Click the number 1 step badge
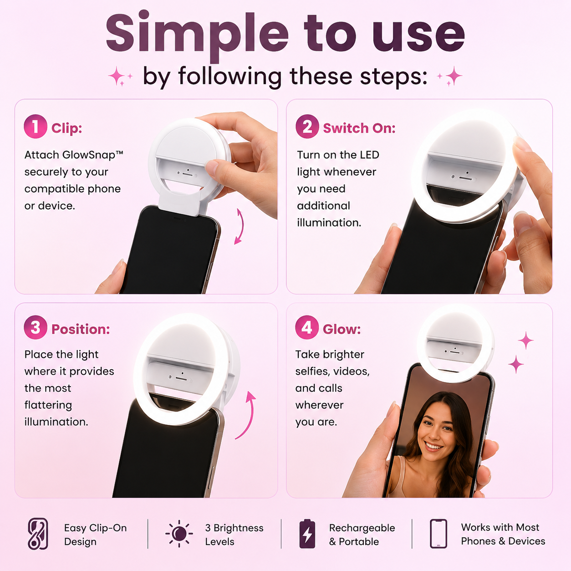35,127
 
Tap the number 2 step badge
307,127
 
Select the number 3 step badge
35,327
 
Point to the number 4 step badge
307,327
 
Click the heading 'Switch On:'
359,128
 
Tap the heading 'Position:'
81,329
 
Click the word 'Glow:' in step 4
342,329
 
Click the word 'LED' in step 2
369,155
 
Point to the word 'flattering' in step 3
48,405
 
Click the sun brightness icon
179,533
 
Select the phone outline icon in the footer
438,533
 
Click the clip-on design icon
38,534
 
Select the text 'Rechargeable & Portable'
362,535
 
